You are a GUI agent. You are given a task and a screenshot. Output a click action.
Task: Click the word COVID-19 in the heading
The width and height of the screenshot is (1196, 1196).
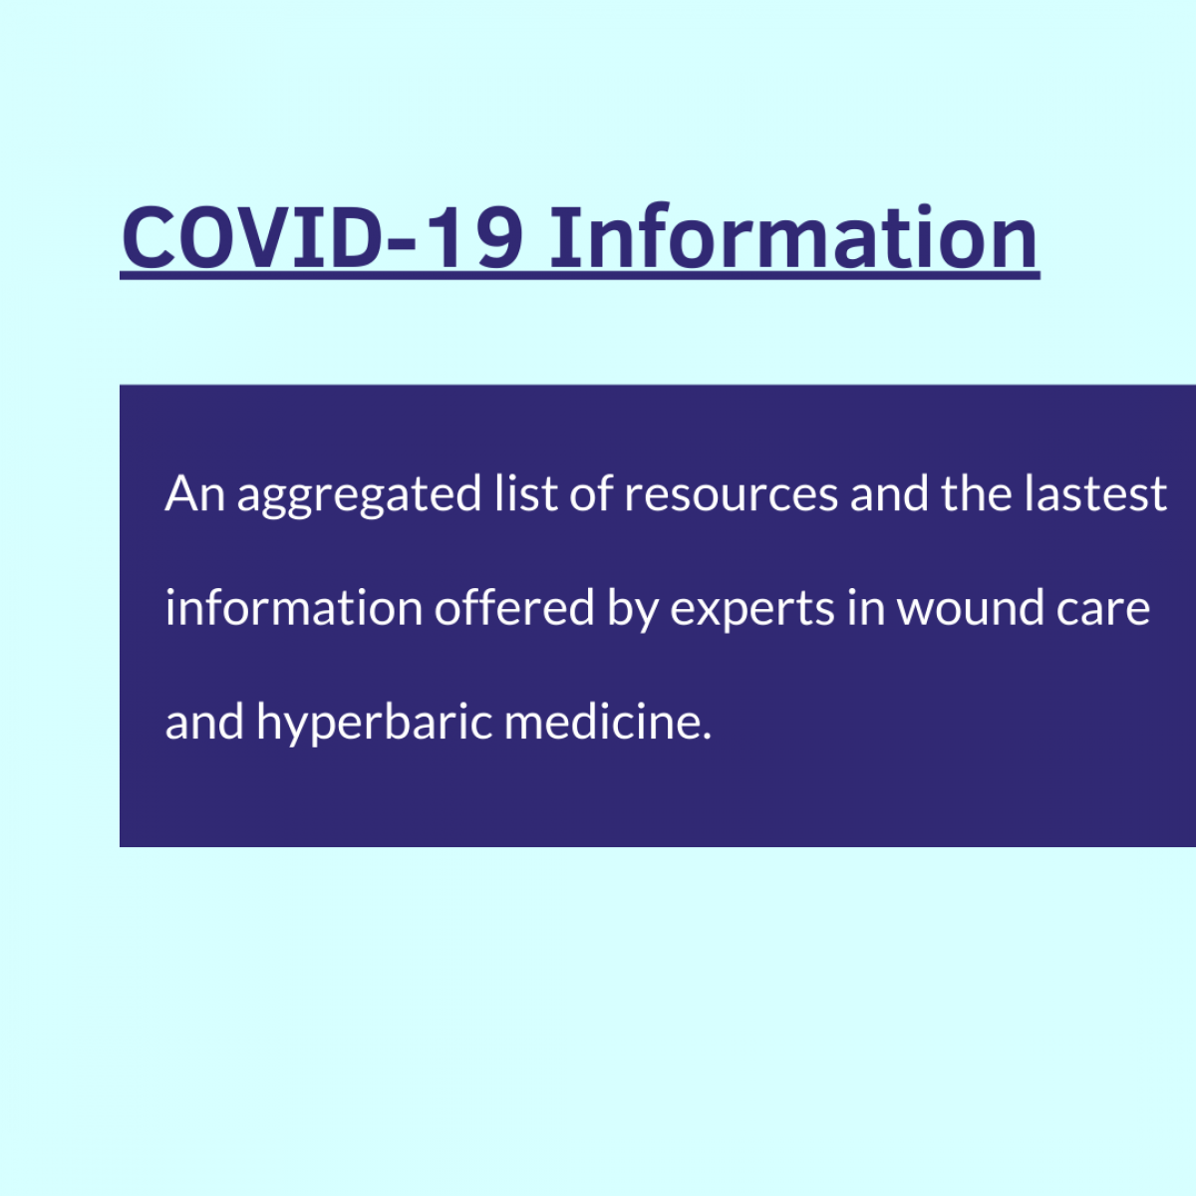tap(323, 238)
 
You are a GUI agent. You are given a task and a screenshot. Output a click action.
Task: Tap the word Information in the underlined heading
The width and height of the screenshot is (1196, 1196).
tap(793, 236)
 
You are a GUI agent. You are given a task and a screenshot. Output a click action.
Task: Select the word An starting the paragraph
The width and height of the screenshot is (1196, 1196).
tap(194, 493)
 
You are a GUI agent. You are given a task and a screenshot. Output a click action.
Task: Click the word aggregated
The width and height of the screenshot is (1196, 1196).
tap(360, 496)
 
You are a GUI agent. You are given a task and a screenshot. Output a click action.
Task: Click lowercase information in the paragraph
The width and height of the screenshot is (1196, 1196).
tap(294, 607)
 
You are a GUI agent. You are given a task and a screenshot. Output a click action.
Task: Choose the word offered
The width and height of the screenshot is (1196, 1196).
tap(514, 607)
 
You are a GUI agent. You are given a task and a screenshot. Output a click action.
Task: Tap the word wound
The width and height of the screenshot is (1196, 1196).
tap(970, 607)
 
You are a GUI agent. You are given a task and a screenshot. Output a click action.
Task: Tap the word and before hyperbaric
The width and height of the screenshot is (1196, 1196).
tap(204, 722)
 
